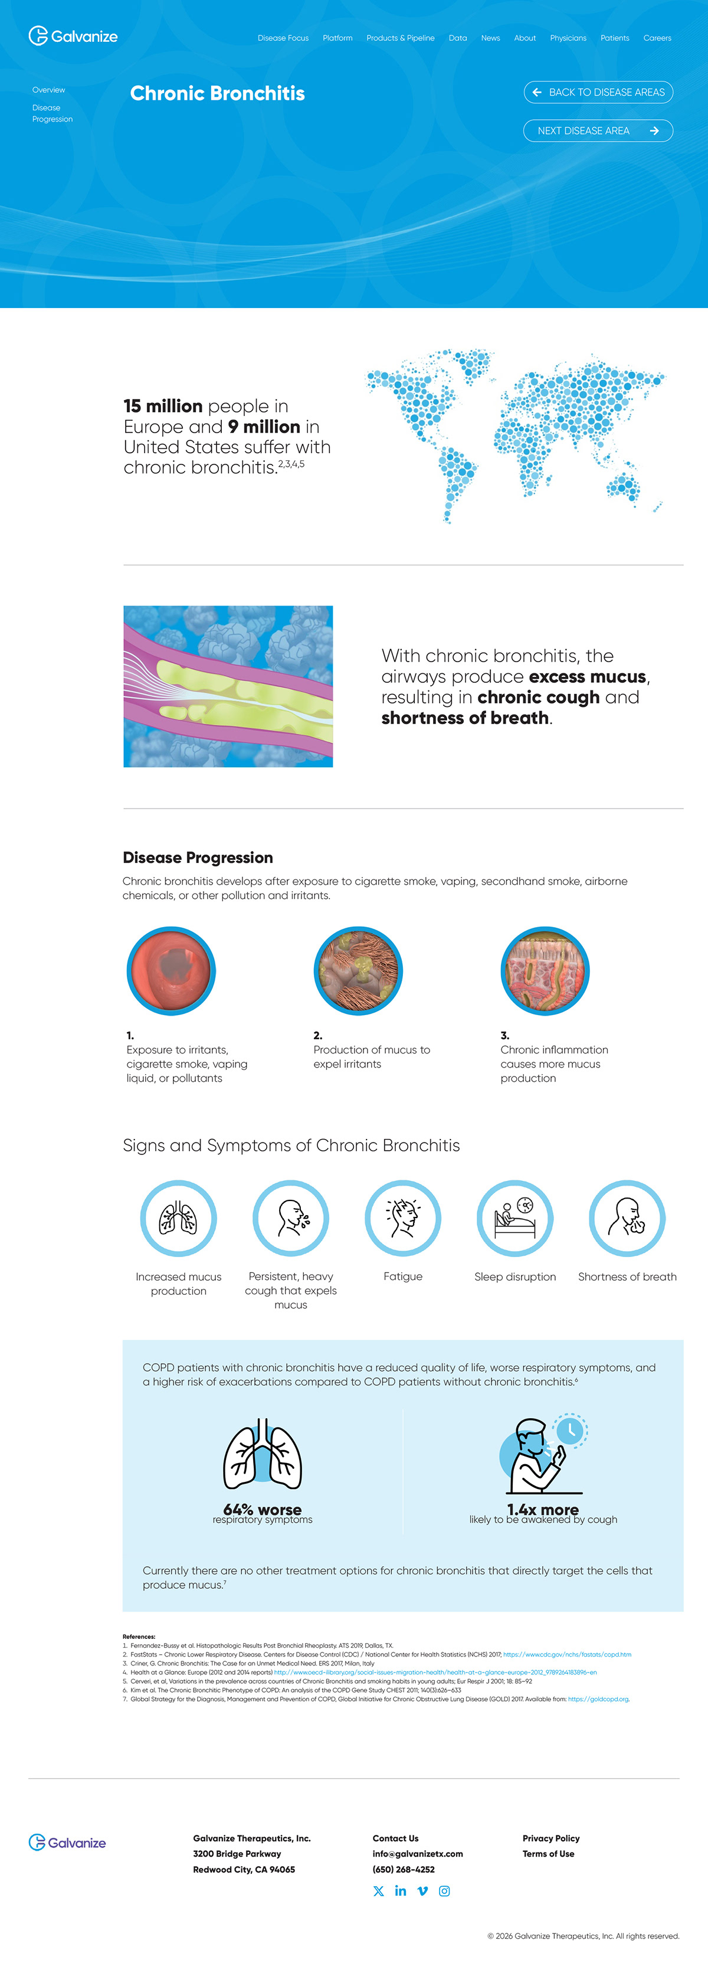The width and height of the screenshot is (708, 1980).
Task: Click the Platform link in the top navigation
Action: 337,38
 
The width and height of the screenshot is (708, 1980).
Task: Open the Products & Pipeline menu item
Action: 400,38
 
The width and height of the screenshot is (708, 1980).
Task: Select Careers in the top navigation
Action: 657,38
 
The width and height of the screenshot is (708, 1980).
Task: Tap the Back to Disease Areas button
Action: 598,92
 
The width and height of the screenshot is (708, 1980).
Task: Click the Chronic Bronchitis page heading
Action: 218,94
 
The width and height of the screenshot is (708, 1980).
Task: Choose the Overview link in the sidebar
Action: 48,90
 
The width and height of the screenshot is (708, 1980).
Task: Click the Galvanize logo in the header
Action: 73,36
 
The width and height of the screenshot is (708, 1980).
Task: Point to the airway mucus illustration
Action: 228,686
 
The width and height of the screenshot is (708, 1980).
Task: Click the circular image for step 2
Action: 358,970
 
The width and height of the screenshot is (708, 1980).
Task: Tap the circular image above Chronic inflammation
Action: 545,970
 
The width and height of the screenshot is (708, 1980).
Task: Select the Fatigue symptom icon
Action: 403,1218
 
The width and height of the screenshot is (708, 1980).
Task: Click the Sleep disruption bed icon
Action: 515,1218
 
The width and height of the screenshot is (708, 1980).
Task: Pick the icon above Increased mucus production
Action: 178,1218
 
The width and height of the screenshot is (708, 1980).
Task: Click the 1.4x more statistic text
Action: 543,1510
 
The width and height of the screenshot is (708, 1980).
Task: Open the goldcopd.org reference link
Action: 598,1700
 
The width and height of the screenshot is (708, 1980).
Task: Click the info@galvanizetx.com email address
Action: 417,1853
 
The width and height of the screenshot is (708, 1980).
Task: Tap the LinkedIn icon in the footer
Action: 401,1891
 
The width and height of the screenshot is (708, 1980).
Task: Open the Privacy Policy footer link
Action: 550,1838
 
